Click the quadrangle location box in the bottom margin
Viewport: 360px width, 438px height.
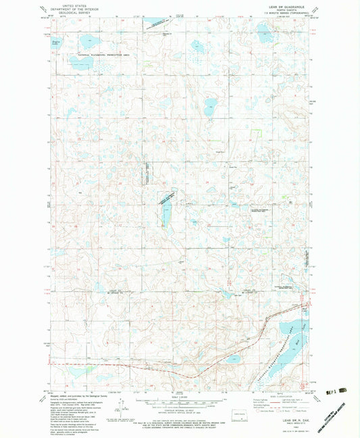click(240, 417)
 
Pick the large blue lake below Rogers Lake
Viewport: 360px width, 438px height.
click(80, 64)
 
